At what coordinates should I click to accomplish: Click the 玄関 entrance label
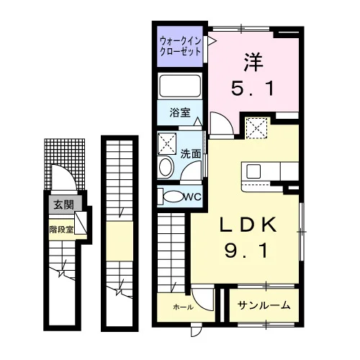point(63,204)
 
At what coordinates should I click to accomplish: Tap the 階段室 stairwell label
point(61,230)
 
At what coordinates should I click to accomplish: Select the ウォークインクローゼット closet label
point(180,46)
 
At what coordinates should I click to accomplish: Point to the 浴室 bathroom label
point(180,112)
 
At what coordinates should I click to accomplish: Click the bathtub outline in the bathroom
point(180,86)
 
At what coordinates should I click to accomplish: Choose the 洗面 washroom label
point(191,154)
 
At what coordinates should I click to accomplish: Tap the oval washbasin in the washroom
point(166,167)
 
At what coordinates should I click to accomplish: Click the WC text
point(193,197)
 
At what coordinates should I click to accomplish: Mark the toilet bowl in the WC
point(173,197)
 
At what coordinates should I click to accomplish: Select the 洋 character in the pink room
point(253,62)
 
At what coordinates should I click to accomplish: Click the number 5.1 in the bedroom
point(253,88)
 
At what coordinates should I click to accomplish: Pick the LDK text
point(248,225)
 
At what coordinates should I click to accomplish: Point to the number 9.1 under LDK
point(246,251)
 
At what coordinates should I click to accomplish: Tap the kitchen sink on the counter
point(253,171)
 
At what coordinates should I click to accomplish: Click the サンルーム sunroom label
point(264,305)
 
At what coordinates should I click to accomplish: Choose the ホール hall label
point(183,307)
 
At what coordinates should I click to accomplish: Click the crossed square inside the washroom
point(167,144)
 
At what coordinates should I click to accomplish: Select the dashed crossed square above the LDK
point(257,128)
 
